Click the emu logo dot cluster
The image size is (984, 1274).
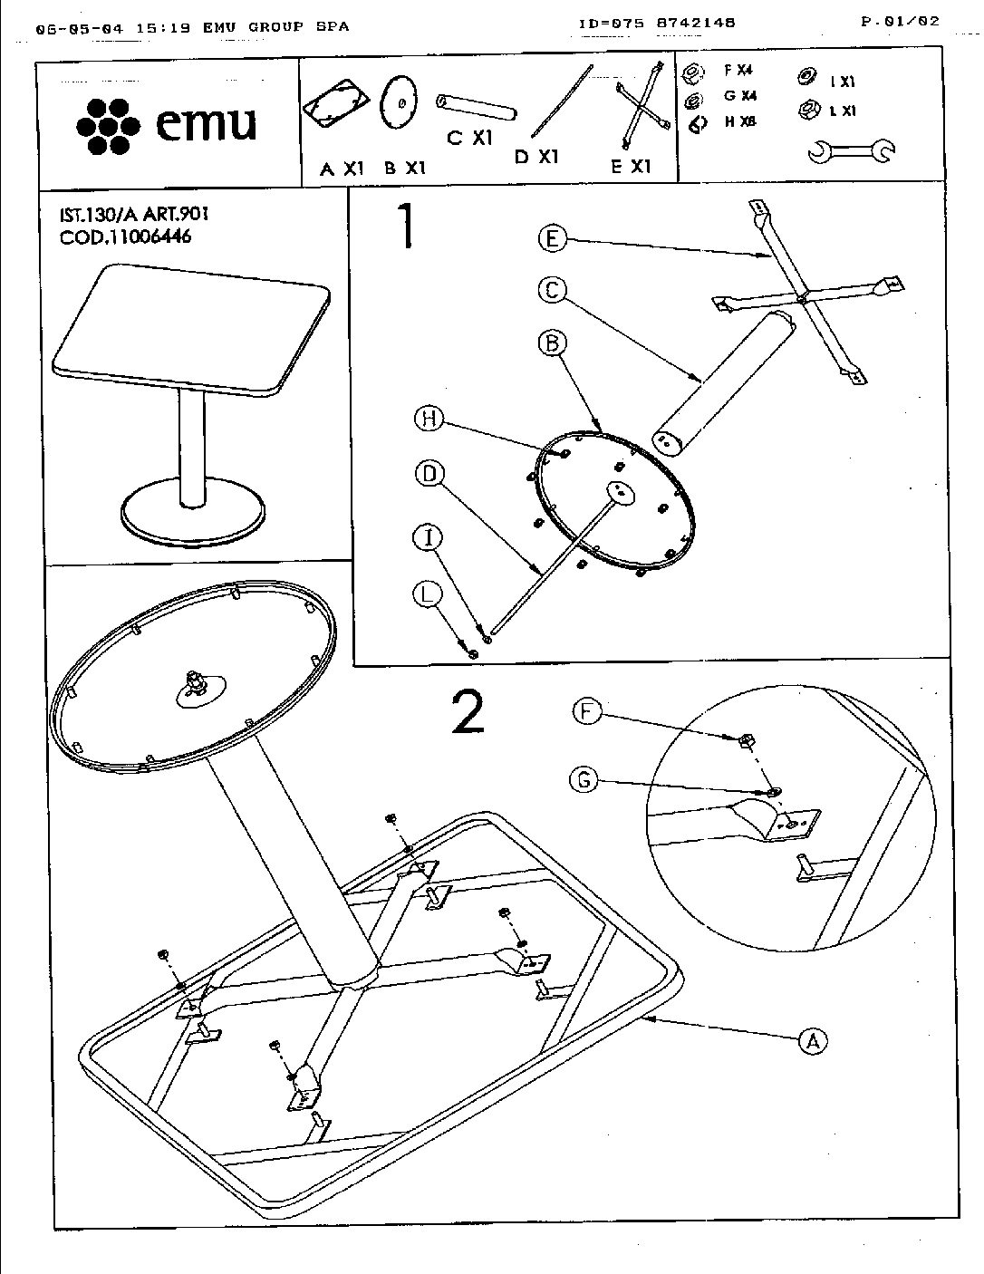tap(108, 124)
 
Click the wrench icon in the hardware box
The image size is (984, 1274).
tap(851, 151)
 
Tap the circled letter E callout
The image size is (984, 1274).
tap(552, 239)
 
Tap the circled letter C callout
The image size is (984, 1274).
tap(552, 290)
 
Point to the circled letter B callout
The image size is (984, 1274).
tap(552, 343)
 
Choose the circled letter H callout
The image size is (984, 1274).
tap(429, 418)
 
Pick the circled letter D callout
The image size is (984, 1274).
tap(429, 472)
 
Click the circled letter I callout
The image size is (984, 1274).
tap(429, 538)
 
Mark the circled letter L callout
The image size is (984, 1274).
tap(429, 594)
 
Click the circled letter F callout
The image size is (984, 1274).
tap(587, 711)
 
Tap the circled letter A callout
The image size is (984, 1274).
tap(813, 1040)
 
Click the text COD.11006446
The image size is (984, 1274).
tap(125, 237)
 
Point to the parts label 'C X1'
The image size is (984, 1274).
tap(469, 138)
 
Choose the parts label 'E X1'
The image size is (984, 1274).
tap(631, 167)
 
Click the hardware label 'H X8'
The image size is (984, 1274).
tap(739, 121)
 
